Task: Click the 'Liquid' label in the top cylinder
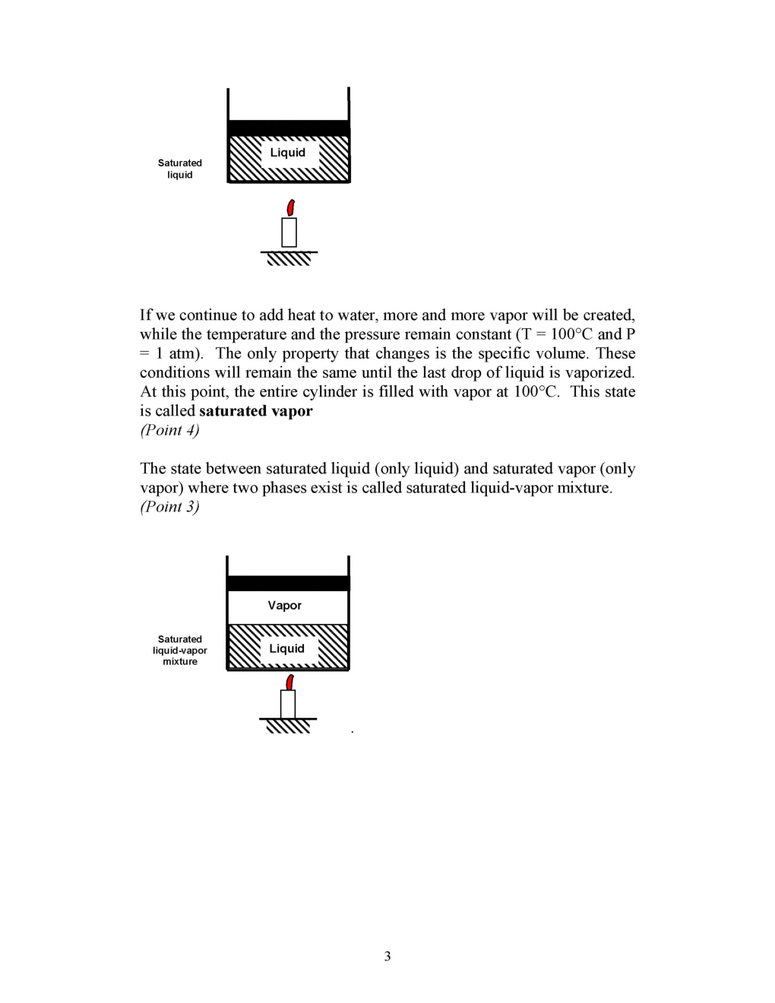click(288, 153)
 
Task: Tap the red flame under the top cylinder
click(289, 207)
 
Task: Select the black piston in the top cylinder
click(289, 128)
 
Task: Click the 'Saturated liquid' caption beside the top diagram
click(180, 169)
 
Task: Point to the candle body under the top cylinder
click(289, 233)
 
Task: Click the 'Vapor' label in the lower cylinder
click(285, 606)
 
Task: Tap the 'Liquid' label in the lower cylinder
click(287, 649)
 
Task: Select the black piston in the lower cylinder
click(288, 584)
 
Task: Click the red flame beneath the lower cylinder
click(289, 682)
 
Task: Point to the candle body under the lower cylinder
click(288, 704)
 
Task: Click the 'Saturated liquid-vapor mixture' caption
click(180, 650)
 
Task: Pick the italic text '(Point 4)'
click(169, 430)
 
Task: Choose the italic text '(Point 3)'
click(169, 507)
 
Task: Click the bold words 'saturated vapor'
click(256, 411)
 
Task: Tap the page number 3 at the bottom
click(387, 956)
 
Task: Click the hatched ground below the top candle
click(289, 259)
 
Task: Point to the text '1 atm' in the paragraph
click(176, 353)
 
